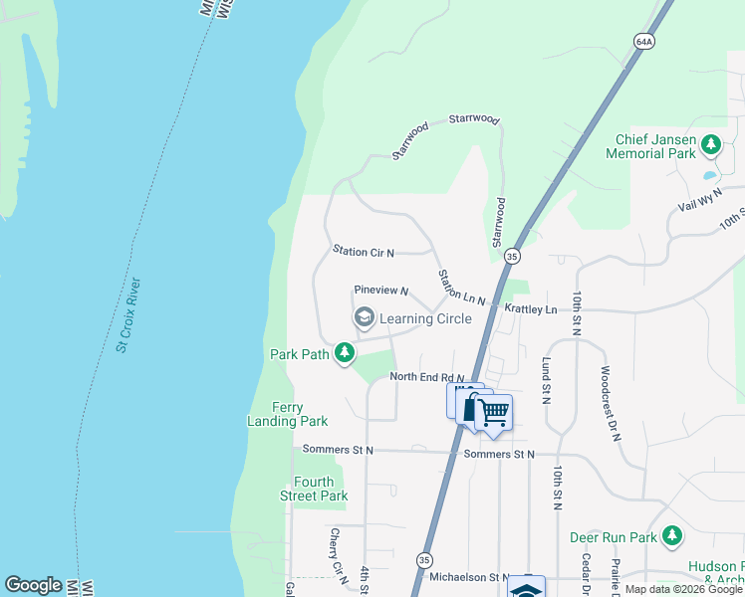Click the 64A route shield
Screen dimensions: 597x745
pyautogui.click(x=643, y=41)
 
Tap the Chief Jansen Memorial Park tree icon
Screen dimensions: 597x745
pyautogui.click(x=711, y=146)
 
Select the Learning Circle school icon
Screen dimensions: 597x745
pyautogui.click(x=364, y=317)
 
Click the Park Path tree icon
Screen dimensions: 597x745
pyautogui.click(x=345, y=353)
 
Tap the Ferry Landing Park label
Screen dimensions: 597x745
pyautogui.click(x=287, y=414)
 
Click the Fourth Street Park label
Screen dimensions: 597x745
pyautogui.click(x=314, y=489)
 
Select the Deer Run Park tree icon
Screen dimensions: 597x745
pyautogui.click(x=672, y=537)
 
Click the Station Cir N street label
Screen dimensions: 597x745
pyautogui.click(x=364, y=253)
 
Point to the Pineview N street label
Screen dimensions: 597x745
pyautogui.click(x=381, y=291)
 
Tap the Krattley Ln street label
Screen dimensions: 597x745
pyautogui.click(x=531, y=309)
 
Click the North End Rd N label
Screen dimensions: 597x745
pyautogui.click(x=427, y=376)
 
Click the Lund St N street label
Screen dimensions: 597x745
pyautogui.click(x=546, y=380)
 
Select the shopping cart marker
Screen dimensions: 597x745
pyautogui.click(x=493, y=412)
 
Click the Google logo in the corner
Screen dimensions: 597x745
pyautogui.click(x=33, y=585)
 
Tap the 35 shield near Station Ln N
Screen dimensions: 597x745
pyautogui.click(x=512, y=256)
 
